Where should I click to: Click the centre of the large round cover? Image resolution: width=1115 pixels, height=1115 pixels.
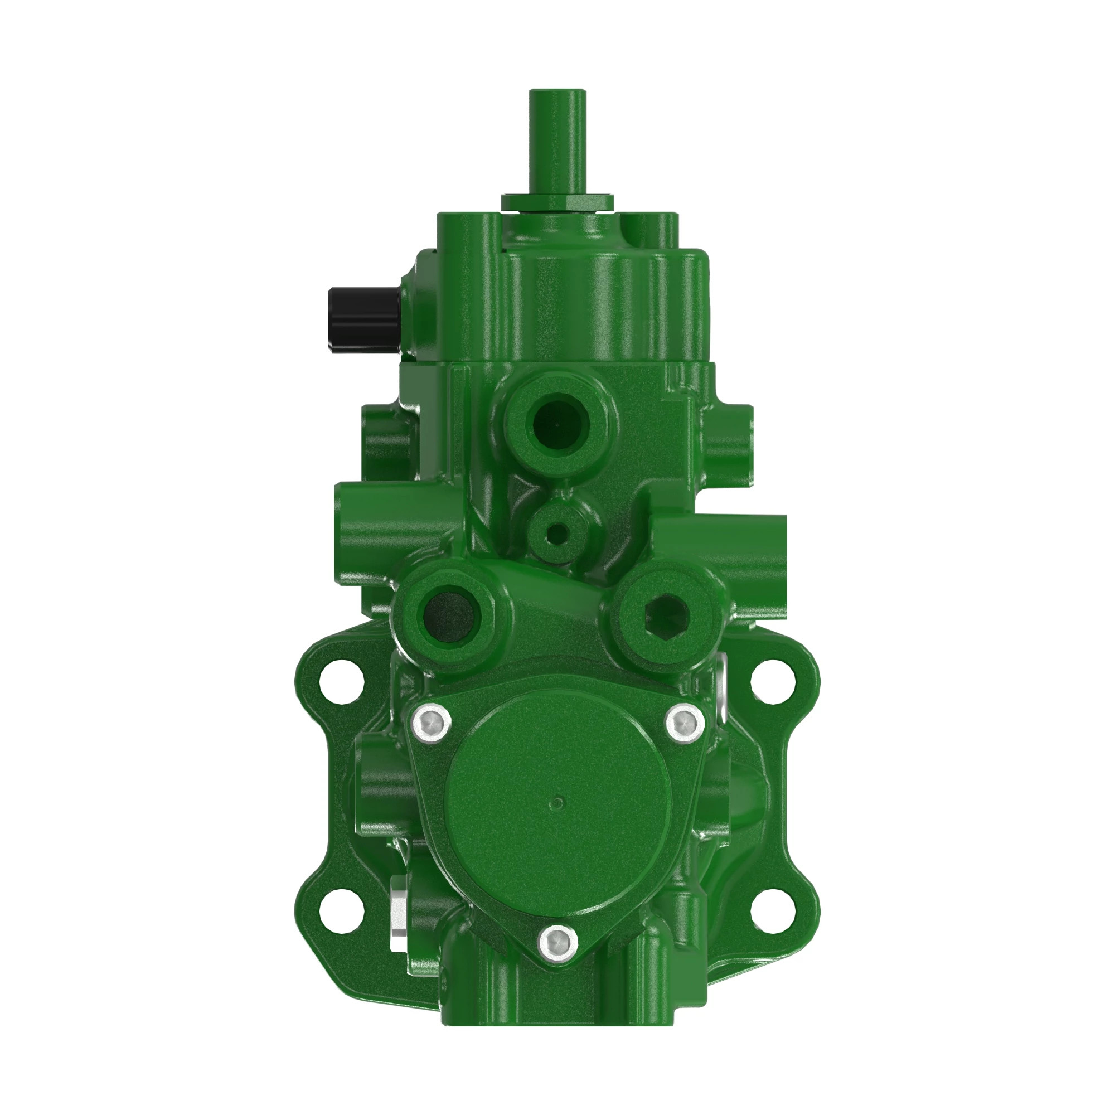point(557,803)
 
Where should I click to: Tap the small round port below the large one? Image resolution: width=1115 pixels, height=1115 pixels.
point(556,532)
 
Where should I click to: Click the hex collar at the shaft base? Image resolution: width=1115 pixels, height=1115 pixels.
point(557,202)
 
